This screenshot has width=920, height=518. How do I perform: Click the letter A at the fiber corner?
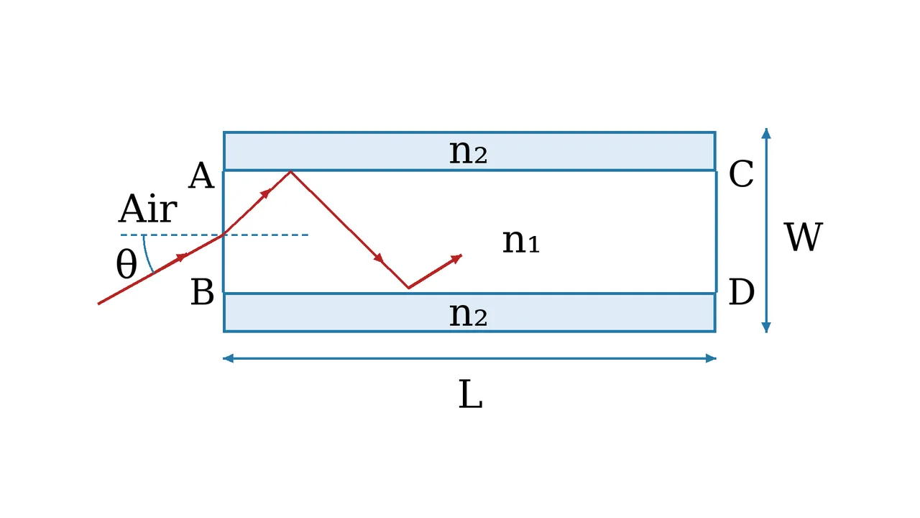pos(201,176)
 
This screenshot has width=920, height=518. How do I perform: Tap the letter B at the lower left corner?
pos(203,292)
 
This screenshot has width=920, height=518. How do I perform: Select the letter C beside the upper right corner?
pos(741,174)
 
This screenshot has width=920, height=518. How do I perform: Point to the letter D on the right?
pos(741,292)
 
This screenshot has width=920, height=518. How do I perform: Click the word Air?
pos(148,209)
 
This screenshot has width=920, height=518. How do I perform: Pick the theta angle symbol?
pos(126,264)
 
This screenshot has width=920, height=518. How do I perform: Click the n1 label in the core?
pos(521,241)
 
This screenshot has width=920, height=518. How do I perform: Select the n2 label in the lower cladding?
pos(468,315)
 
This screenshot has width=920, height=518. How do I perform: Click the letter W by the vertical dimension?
pos(804,237)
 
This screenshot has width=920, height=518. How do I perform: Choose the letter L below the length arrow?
pos(470,394)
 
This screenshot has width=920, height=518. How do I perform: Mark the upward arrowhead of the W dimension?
pos(766,133)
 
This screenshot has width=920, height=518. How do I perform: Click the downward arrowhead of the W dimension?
pos(766,327)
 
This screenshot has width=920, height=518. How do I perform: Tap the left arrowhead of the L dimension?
pos(228,358)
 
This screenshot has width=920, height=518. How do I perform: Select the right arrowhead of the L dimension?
pos(711,358)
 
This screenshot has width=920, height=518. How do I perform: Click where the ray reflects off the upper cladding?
pos(290,171)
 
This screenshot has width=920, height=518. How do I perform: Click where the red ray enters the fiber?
pos(224,235)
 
